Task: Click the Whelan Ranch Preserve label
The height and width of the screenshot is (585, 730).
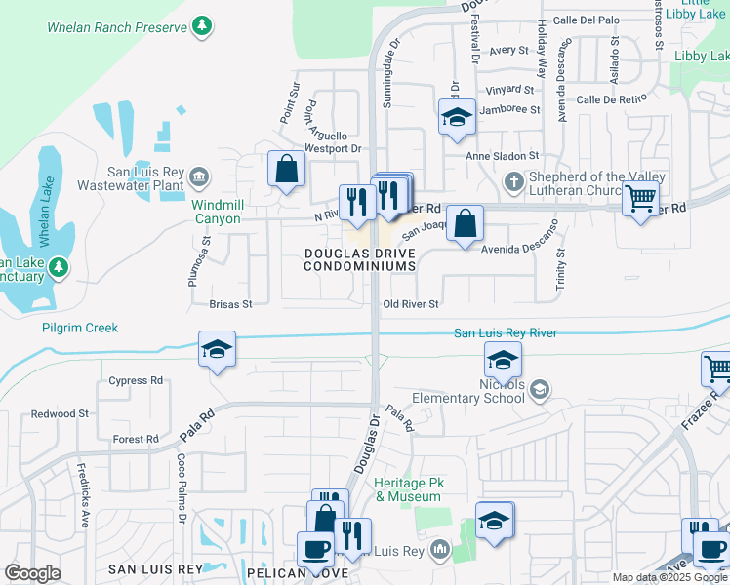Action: pos(116,27)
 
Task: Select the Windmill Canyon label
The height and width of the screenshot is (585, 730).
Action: pos(216,212)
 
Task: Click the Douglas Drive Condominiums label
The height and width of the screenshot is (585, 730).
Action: pos(359,258)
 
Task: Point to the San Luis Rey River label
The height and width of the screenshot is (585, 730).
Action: pos(506,333)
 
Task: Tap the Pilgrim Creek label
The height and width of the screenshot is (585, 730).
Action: pos(80,328)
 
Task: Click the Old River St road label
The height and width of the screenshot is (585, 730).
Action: pos(410,304)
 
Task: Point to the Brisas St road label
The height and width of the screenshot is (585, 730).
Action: pos(230,304)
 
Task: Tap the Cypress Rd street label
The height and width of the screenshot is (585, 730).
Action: pos(136,380)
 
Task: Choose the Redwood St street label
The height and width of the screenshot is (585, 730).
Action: pos(60,414)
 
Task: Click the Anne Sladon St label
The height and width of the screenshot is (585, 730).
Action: pos(503,156)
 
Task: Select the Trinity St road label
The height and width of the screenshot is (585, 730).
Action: pos(560,266)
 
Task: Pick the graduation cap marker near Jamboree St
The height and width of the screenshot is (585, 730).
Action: pos(456,118)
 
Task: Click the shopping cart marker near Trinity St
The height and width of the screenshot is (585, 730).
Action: pos(640,198)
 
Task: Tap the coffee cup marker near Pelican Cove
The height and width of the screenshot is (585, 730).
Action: pos(315,548)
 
